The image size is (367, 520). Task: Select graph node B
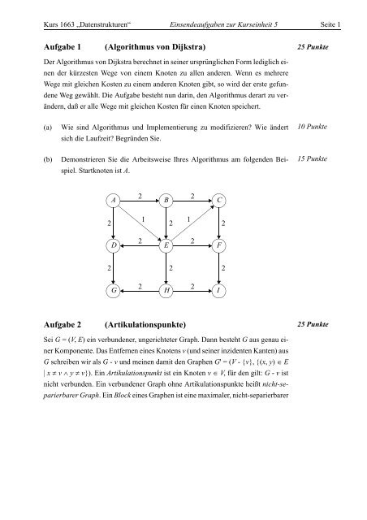pyautogui.click(x=166, y=200)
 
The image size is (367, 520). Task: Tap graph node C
pyautogui.click(x=219, y=200)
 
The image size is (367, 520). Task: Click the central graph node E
pyautogui.click(x=166, y=245)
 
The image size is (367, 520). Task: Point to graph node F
pyautogui.click(x=219, y=245)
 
